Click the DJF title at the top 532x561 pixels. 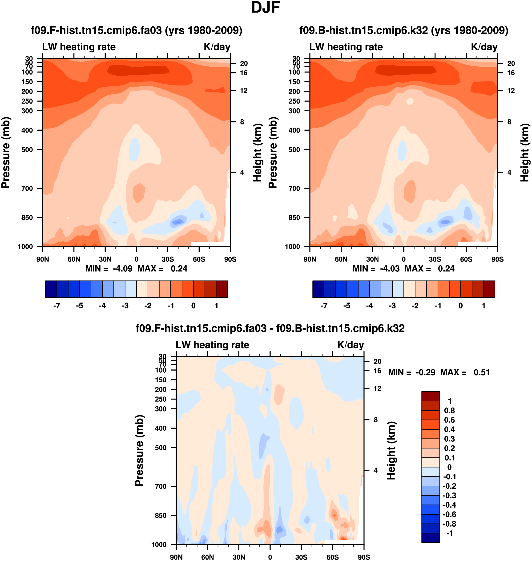pos(266,8)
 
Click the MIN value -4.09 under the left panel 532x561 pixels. pos(122,269)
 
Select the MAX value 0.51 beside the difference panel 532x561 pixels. pos(482,372)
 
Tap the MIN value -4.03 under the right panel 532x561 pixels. pos(390,269)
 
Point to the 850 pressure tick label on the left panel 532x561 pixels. pos(27,218)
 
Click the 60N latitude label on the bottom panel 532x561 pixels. pos(207,557)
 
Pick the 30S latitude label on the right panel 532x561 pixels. pos(435,259)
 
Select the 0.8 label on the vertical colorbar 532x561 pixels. pos(449,410)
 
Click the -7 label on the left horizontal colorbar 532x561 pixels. pos(57,306)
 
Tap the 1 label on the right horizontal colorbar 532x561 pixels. pos(484,306)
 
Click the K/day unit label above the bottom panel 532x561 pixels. pos(351,345)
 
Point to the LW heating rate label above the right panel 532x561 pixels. pos(346,47)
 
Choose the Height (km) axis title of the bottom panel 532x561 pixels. pos(391,450)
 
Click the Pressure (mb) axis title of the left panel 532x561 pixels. pos(6,153)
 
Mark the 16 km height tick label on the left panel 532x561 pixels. pos(244,73)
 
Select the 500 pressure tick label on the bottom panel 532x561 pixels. pos(161,448)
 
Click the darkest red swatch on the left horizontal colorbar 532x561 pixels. pos(222,289)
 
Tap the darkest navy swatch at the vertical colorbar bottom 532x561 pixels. pos(430,538)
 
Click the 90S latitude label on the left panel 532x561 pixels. pos(230,259)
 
